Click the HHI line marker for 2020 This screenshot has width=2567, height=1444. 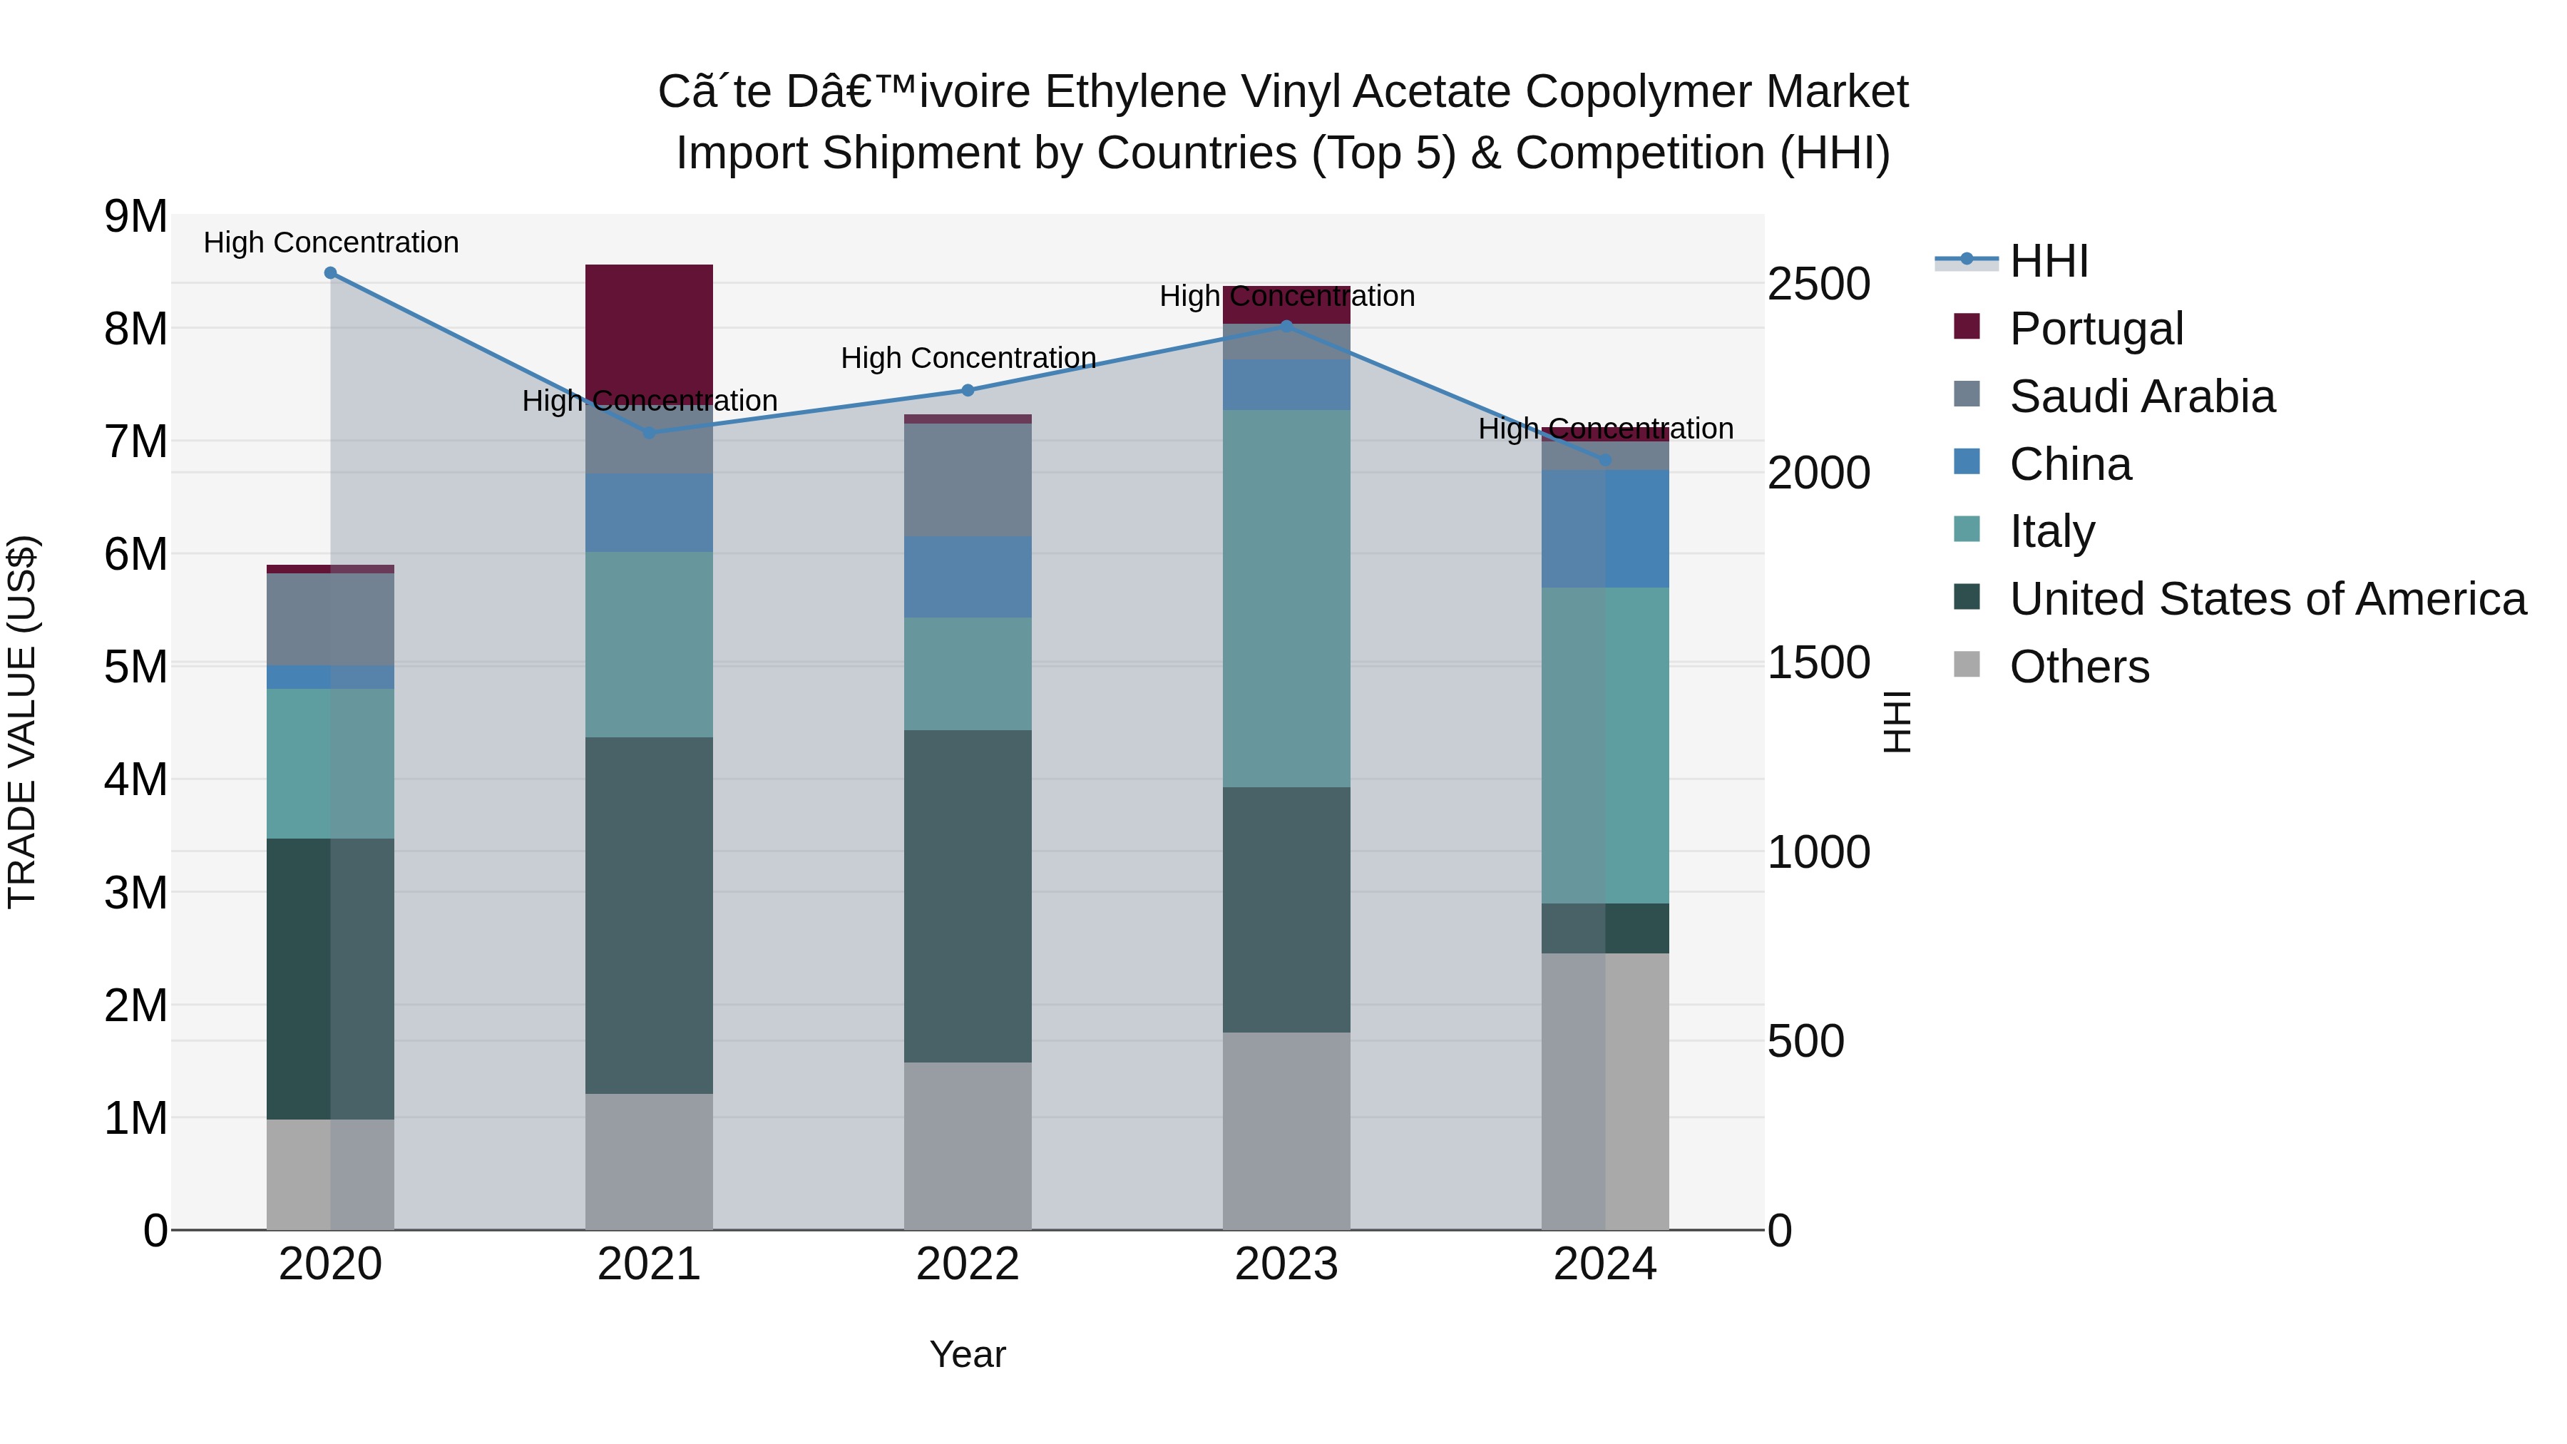331,273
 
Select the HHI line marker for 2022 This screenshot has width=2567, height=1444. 968,391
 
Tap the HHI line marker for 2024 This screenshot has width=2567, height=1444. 1604,461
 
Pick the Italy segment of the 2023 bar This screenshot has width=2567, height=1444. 1286,598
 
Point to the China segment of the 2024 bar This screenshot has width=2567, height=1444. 1604,528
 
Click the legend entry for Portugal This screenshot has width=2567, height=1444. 2096,328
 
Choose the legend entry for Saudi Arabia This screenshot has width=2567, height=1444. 2141,396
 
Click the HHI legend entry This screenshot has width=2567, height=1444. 2048,261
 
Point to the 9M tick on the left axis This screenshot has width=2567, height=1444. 135,216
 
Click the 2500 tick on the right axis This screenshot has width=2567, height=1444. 1818,284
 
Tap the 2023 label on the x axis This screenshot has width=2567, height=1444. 1286,1264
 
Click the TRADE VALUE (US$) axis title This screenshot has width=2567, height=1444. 22,722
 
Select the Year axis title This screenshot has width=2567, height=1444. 967,1354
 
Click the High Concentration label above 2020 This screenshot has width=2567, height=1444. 331,242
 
